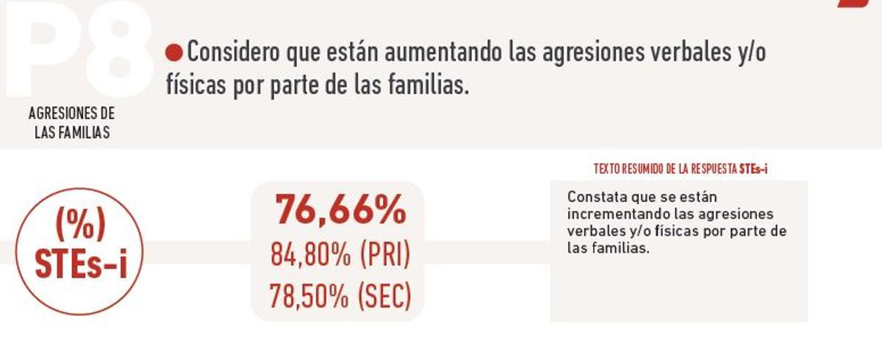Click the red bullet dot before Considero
[x=173, y=53]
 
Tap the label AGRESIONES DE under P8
[x=72, y=115]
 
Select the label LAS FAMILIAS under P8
[x=72, y=133]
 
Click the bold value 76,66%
[x=340, y=211]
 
